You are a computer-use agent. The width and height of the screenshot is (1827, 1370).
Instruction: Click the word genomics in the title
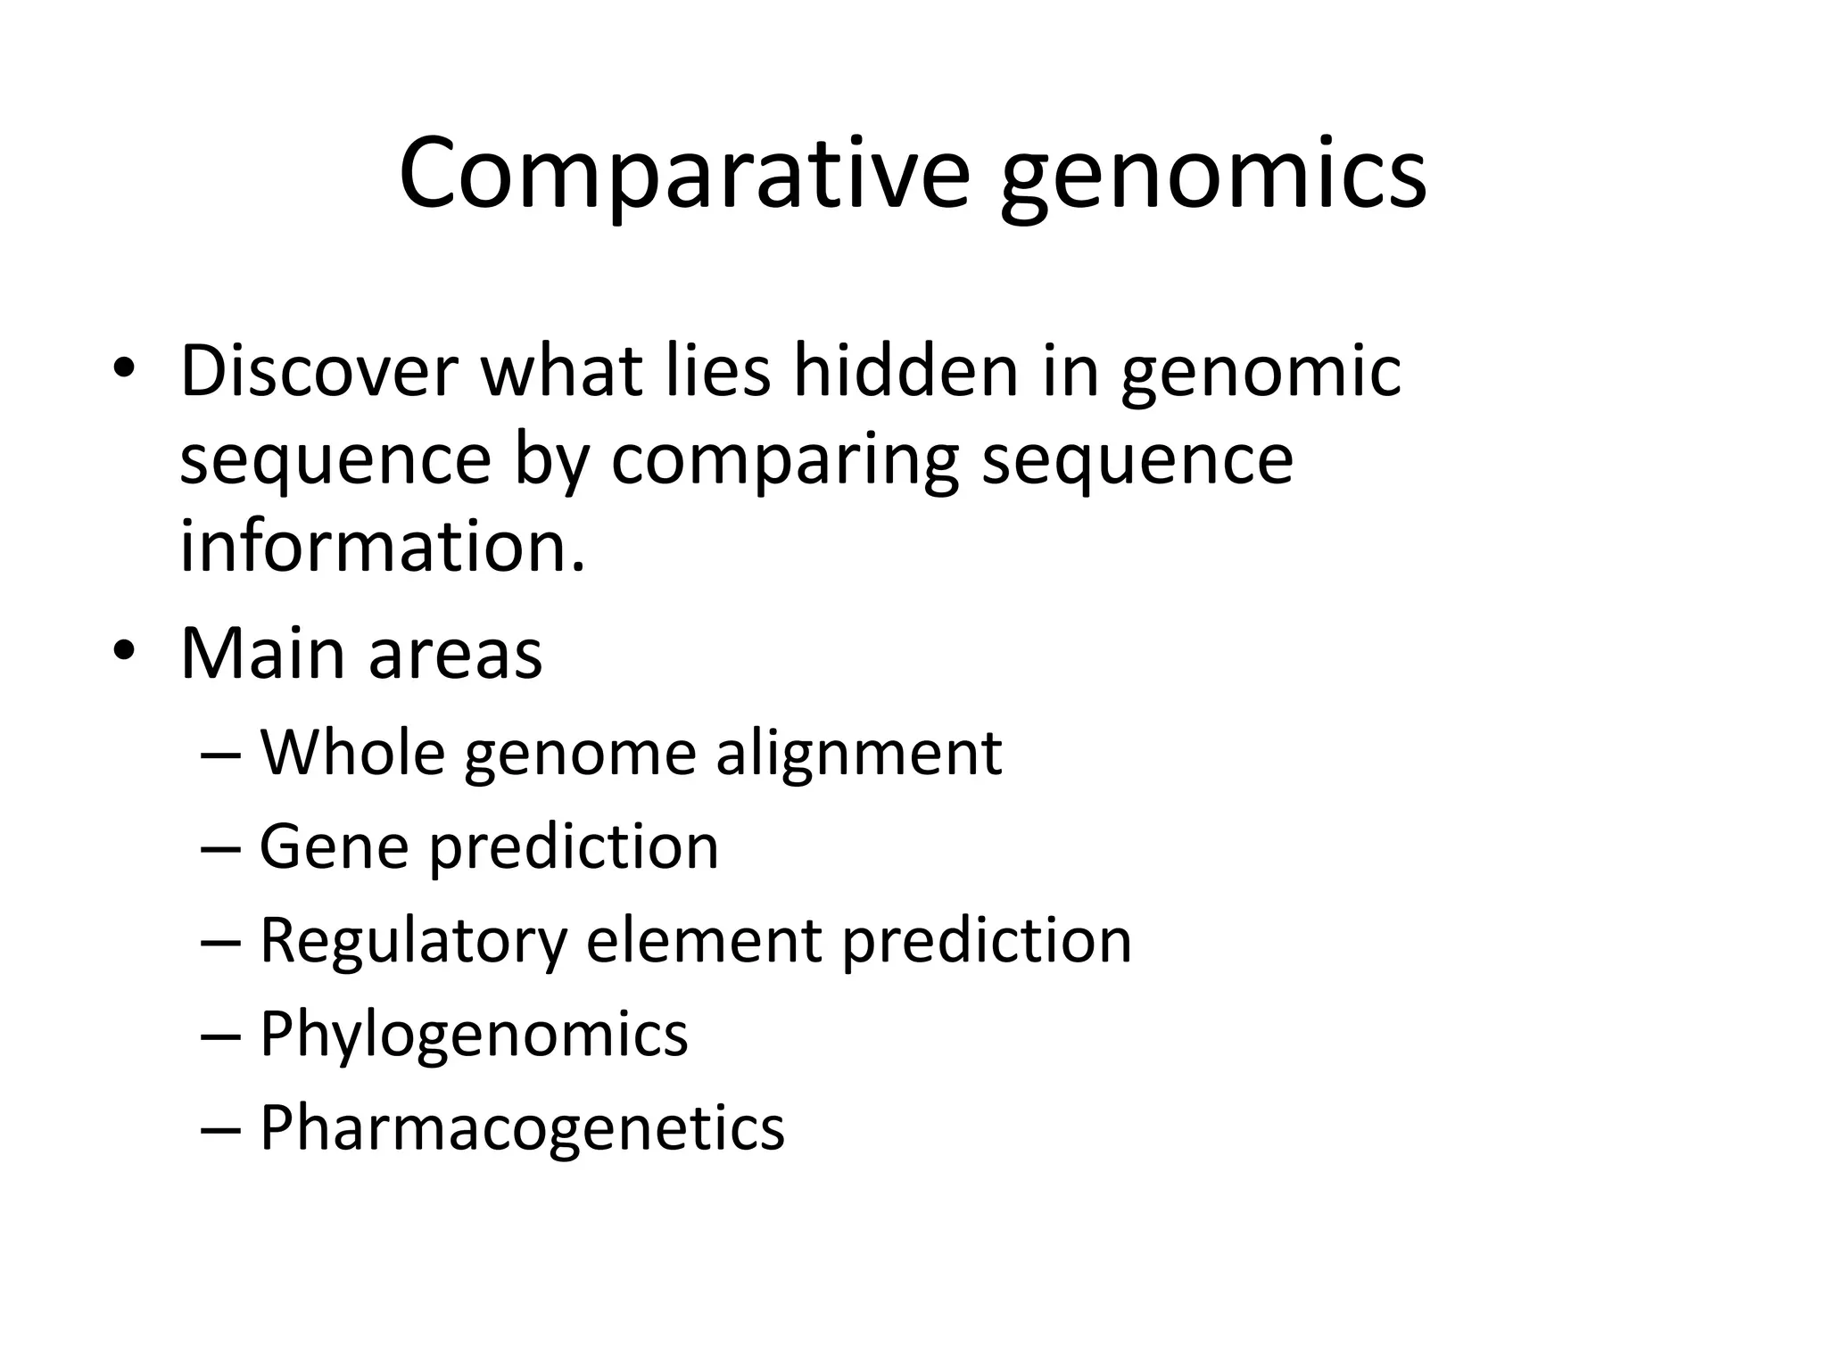pos(1213,178)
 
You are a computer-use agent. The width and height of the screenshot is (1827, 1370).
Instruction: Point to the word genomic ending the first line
pos(1261,375)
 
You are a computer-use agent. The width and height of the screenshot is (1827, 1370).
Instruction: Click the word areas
pos(455,657)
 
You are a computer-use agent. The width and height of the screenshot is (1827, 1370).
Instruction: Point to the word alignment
pos(859,756)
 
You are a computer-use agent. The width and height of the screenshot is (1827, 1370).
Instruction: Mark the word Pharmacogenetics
pos(522,1129)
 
